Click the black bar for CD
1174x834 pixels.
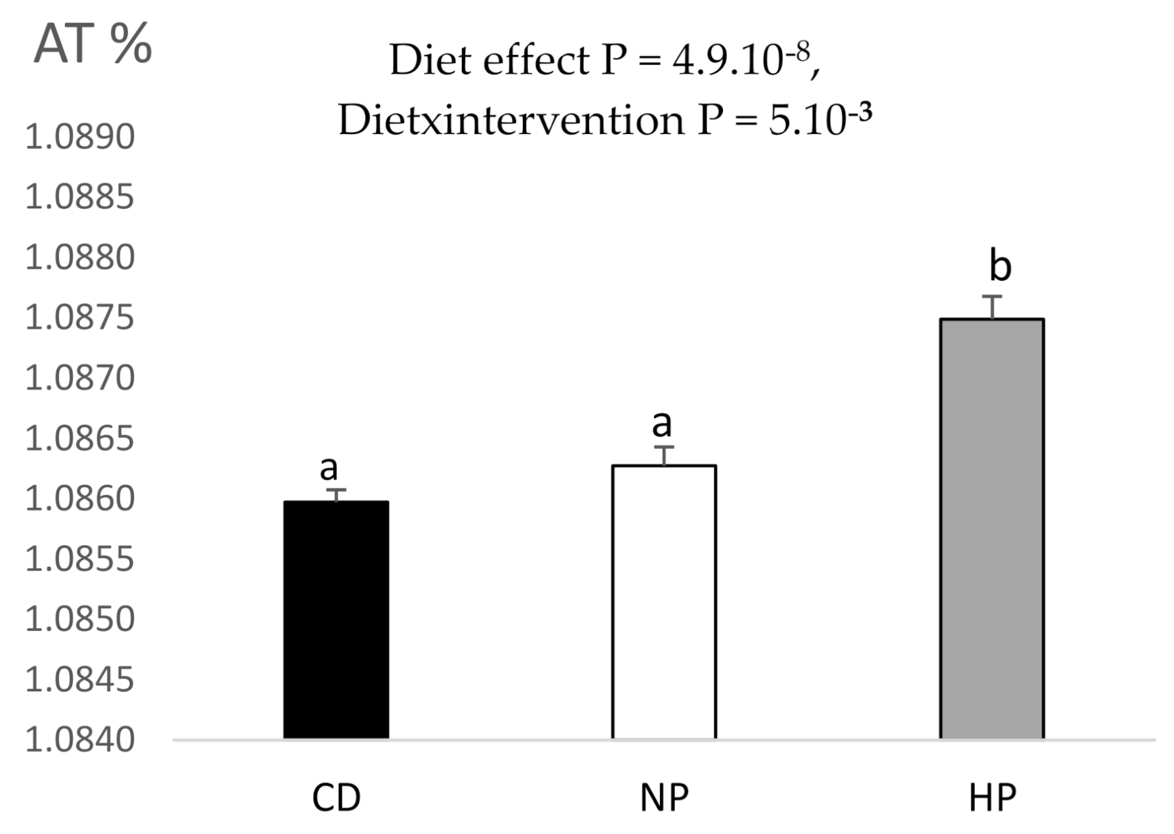coord(336,619)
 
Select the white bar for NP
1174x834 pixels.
coord(664,601)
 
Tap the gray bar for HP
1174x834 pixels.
coord(991,528)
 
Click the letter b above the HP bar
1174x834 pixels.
coord(1000,266)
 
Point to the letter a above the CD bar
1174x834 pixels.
coord(329,467)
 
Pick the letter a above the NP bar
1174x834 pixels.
coord(661,423)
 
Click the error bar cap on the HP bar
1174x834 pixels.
coord(992,297)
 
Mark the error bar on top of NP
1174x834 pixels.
coord(664,455)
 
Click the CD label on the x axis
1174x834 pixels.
coord(336,798)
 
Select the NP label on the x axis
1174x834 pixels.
coord(664,798)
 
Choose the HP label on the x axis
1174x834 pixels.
coord(992,798)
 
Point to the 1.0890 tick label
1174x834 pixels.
coord(80,137)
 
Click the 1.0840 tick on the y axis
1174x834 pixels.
coord(80,739)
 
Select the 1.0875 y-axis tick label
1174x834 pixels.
coord(80,318)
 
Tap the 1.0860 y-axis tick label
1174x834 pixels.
coord(80,499)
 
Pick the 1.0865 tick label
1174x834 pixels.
coord(80,438)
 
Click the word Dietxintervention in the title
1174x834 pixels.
coord(511,120)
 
